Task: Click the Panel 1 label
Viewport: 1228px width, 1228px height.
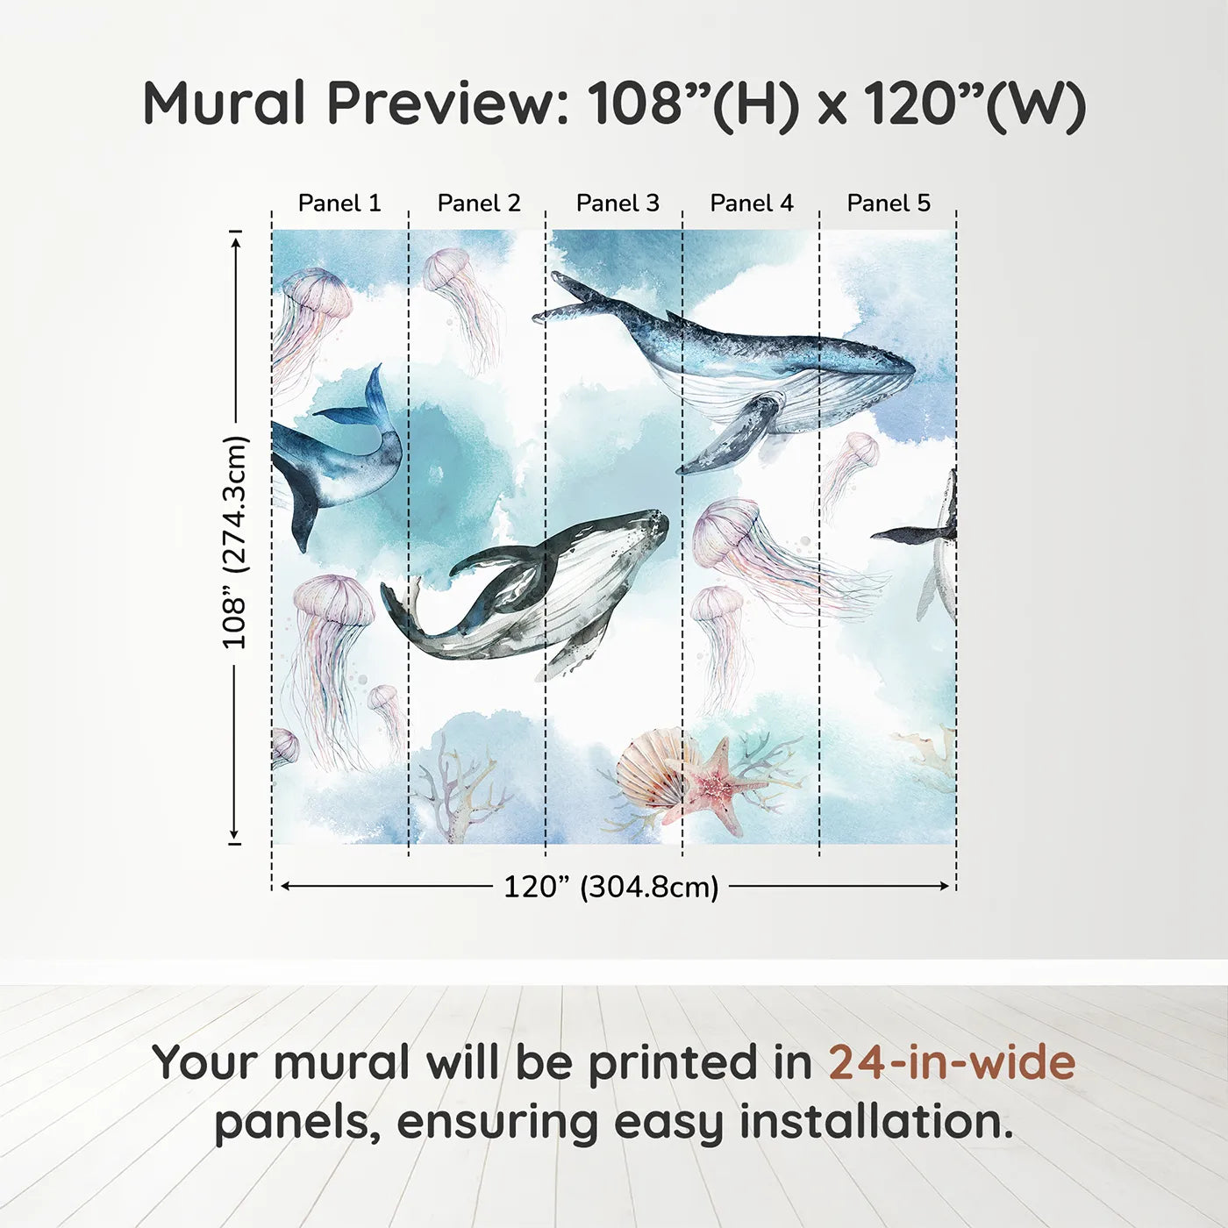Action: click(x=339, y=203)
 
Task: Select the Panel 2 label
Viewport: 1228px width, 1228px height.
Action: click(x=479, y=203)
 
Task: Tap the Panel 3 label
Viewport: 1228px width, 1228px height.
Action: click(x=618, y=203)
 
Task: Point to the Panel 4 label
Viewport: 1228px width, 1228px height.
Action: click(x=752, y=203)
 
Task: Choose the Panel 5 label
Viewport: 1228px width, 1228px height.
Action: click(x=889, y=203)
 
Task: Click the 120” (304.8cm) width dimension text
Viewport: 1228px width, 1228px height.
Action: click(x=610, y=887)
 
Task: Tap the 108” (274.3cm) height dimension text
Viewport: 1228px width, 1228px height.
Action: click(x=235, y=543)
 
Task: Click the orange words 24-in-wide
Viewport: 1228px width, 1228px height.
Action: click(x=952, y=1062)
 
